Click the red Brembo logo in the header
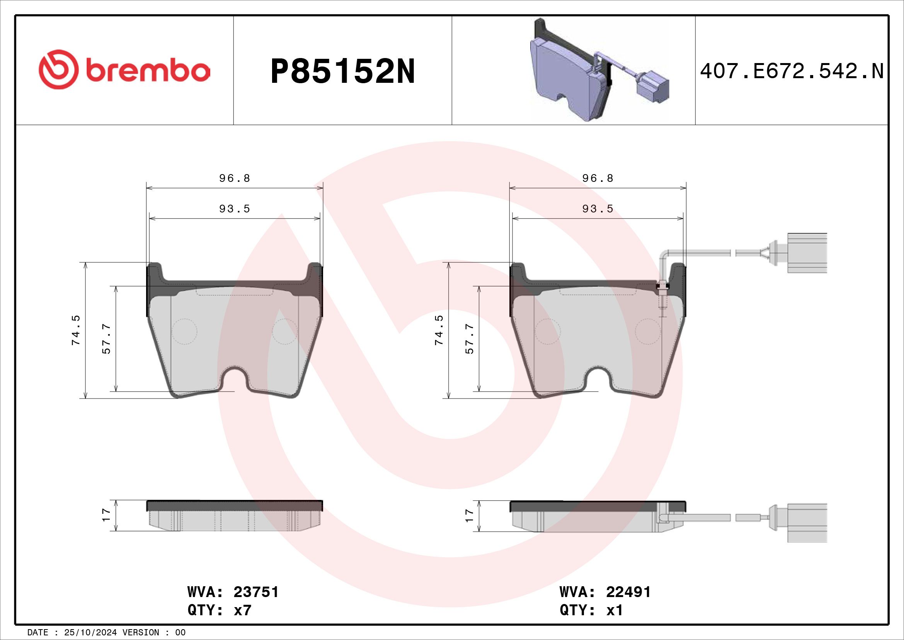coord(124,69)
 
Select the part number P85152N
coord(342,72)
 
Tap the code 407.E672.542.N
coord(792,72)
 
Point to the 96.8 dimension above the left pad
coord(235,178)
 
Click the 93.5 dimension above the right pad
coord(598,209)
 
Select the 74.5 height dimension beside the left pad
coord(76,330)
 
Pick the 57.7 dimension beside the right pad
coord(470,339)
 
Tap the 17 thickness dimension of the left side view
coord(106,515)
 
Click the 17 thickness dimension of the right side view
coord(469,515)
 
